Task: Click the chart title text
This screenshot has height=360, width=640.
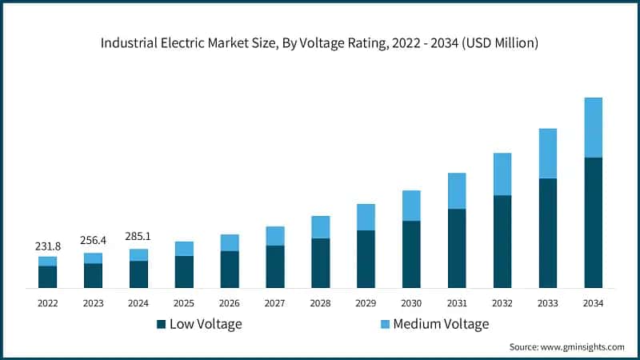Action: (x=319, y=43)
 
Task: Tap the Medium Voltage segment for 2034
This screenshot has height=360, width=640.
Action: (x=593, y=127)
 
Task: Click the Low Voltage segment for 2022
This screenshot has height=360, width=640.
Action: (x=48, y=276)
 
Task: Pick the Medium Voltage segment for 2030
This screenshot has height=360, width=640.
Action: (x=411, y=206)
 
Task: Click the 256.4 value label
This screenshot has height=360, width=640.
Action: (x=94, y=240)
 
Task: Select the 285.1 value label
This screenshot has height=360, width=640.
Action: (x=139, y=236)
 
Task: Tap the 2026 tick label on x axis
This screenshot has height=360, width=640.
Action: (x=230, y=303)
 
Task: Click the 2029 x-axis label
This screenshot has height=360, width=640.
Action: (x=366, y=303)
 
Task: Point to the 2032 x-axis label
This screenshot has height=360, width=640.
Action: (x=502, y=303)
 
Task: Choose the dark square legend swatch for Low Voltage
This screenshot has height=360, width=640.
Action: (x=161, y=324)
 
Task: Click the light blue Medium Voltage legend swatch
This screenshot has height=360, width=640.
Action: (x=384, y=324)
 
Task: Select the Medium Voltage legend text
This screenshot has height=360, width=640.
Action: (x=440, y=324)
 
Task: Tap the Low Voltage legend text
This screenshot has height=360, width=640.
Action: (x=205, y=324)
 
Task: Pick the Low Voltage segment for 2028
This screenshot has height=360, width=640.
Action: (x=320, y=262)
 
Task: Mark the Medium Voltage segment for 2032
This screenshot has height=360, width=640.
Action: (x=502, y=174)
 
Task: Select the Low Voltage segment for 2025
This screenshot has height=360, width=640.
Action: (x=184, y=271)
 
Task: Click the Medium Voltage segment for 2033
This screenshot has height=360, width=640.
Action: (x=547, y=153)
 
